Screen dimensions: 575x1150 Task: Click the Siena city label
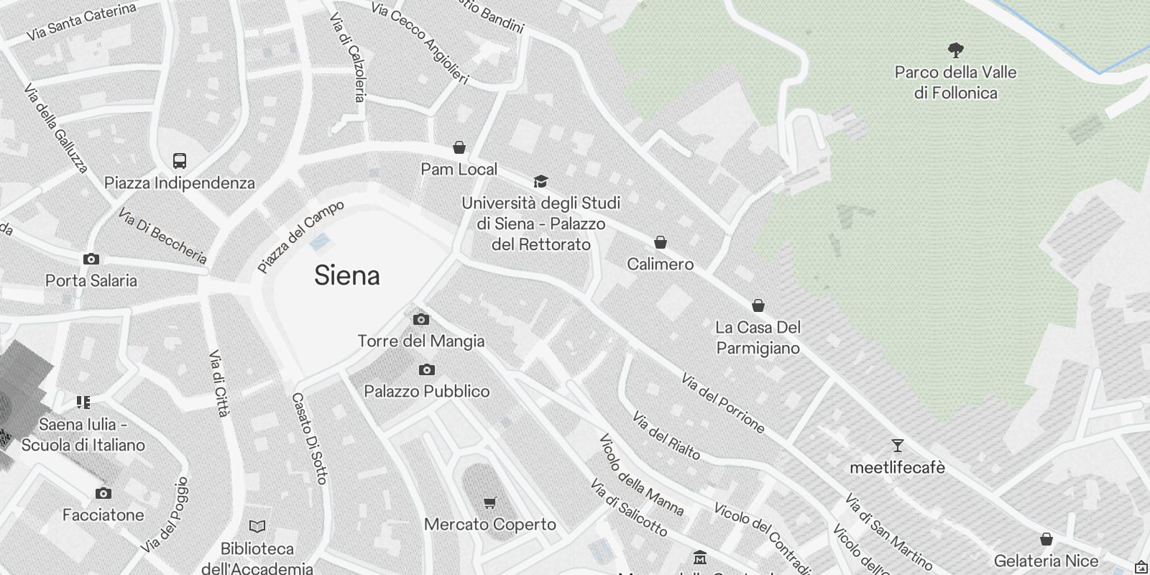[346, 276]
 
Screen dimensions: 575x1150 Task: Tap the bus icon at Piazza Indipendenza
[180, 161]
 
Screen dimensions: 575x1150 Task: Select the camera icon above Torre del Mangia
[421, 319]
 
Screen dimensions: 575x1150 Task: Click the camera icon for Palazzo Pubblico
[427, 369]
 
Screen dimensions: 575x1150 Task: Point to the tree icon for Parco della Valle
[955, 50]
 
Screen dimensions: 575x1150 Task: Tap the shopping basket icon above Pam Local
[459, 147]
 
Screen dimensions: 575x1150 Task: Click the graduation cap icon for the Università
[540, 181]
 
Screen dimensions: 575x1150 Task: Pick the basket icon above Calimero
[661, 242]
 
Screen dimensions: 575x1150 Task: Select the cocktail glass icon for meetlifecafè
[897, 446]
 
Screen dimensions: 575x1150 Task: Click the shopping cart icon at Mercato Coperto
[490, 502]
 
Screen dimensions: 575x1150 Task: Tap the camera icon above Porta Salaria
[91, 259]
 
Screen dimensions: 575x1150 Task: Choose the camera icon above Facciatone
[103, 493]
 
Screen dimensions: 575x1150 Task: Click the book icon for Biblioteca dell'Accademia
[257, 527]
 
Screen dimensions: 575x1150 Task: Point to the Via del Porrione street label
[722, 403]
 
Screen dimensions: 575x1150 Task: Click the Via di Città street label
[218, 383]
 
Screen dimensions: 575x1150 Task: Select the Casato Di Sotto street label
[310, 438]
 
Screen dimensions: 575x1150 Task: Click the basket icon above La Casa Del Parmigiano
[758, 305]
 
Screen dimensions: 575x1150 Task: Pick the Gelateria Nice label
[1046, 561]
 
